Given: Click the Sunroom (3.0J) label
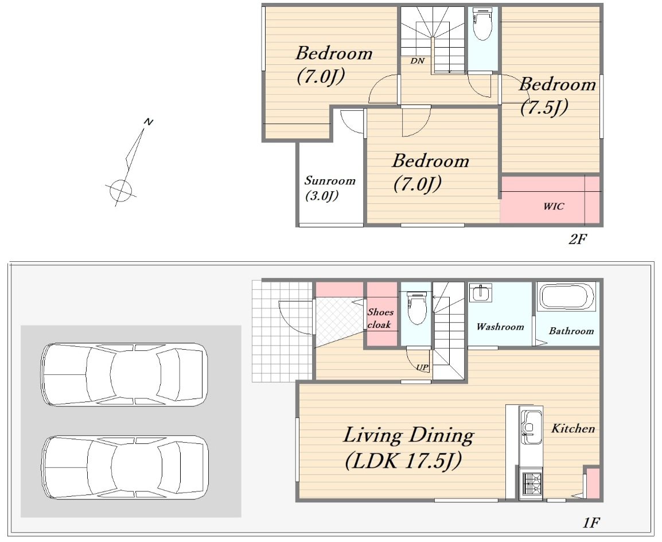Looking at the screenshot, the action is coord(330,188).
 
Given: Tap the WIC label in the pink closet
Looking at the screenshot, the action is coord(554,207).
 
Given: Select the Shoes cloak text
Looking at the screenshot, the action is coord(380,318).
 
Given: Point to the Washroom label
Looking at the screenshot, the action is coord(500,327).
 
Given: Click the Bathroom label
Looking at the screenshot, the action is coord(571,331).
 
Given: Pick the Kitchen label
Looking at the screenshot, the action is coord(573,428).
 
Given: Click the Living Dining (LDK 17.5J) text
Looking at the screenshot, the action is coord(408,448).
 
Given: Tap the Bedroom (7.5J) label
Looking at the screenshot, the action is coord(557,96).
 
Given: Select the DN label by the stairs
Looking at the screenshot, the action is coord(418,61).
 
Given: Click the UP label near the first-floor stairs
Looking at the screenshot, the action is coord(422,367).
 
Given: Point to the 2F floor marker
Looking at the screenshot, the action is coord(578,239).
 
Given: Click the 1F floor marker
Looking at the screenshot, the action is coord(591,522).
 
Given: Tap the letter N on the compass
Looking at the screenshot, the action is coord(148,122).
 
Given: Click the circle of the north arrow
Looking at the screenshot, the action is coord(120,191).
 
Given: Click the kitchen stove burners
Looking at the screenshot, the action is coord(531,485).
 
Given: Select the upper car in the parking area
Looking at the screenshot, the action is coord(124,374).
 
